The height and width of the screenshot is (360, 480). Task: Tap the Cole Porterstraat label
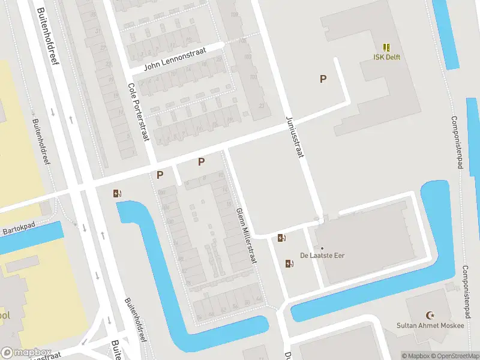pos(139,112)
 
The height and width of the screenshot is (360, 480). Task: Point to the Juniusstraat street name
pos(295,136)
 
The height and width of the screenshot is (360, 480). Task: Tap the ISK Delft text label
pos(386,58)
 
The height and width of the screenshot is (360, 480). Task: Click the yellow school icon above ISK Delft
pos(386,47)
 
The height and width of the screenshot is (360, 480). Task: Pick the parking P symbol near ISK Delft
pos(323,79)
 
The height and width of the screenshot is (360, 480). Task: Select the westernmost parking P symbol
pos(160,175)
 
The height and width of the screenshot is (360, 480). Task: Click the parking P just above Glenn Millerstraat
pos(202,161)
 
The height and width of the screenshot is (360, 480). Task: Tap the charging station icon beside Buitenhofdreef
pos(117,193)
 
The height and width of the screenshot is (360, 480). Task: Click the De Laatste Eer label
pos(322,256)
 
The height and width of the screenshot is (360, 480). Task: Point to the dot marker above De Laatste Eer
pos(322,248)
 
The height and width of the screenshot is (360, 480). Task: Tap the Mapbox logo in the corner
pos(25,353)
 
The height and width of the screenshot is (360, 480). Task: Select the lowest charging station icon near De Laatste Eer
pos(289,263)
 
